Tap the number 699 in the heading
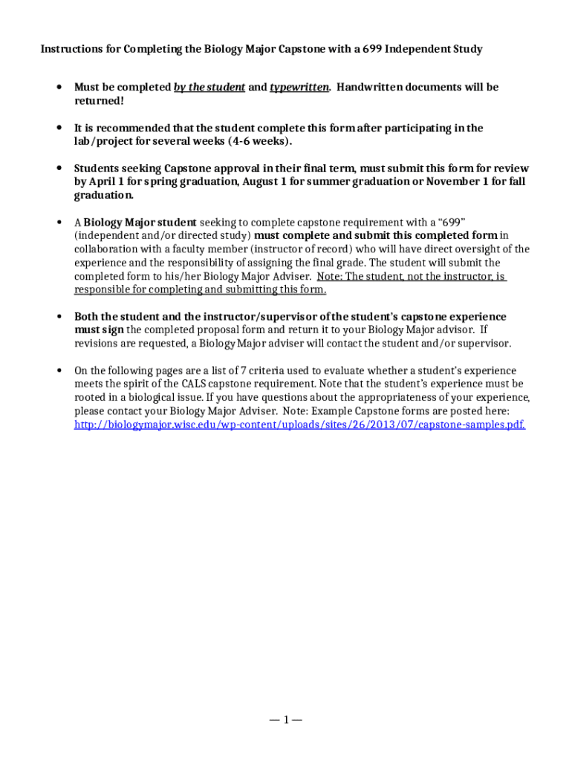point(374,49)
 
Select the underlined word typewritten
point(299,87)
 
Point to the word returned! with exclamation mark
point(99,100)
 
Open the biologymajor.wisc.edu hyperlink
point(300,425)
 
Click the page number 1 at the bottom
point(286,719)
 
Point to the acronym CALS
point(197,384)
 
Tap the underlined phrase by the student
point(209,87)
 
